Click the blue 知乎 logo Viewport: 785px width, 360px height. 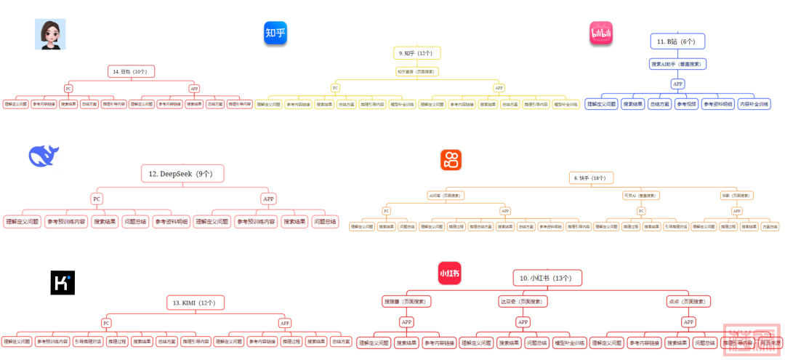275,33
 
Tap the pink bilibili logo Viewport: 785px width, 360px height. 600,33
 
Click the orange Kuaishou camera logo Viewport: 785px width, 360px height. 451,160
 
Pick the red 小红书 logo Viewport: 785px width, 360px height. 449,273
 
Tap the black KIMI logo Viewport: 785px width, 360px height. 63,283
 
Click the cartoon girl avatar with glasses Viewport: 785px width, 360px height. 51,34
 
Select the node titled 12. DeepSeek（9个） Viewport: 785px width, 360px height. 182,174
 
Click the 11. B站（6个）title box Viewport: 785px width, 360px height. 677,41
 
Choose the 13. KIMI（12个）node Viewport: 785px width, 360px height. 194,302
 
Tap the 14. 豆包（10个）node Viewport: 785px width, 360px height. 130,71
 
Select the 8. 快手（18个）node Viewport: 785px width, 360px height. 591,177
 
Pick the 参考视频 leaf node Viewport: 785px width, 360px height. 686,104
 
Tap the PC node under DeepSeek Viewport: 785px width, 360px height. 97,199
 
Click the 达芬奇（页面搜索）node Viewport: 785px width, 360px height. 523,301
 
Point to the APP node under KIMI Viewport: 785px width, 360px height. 285,323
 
